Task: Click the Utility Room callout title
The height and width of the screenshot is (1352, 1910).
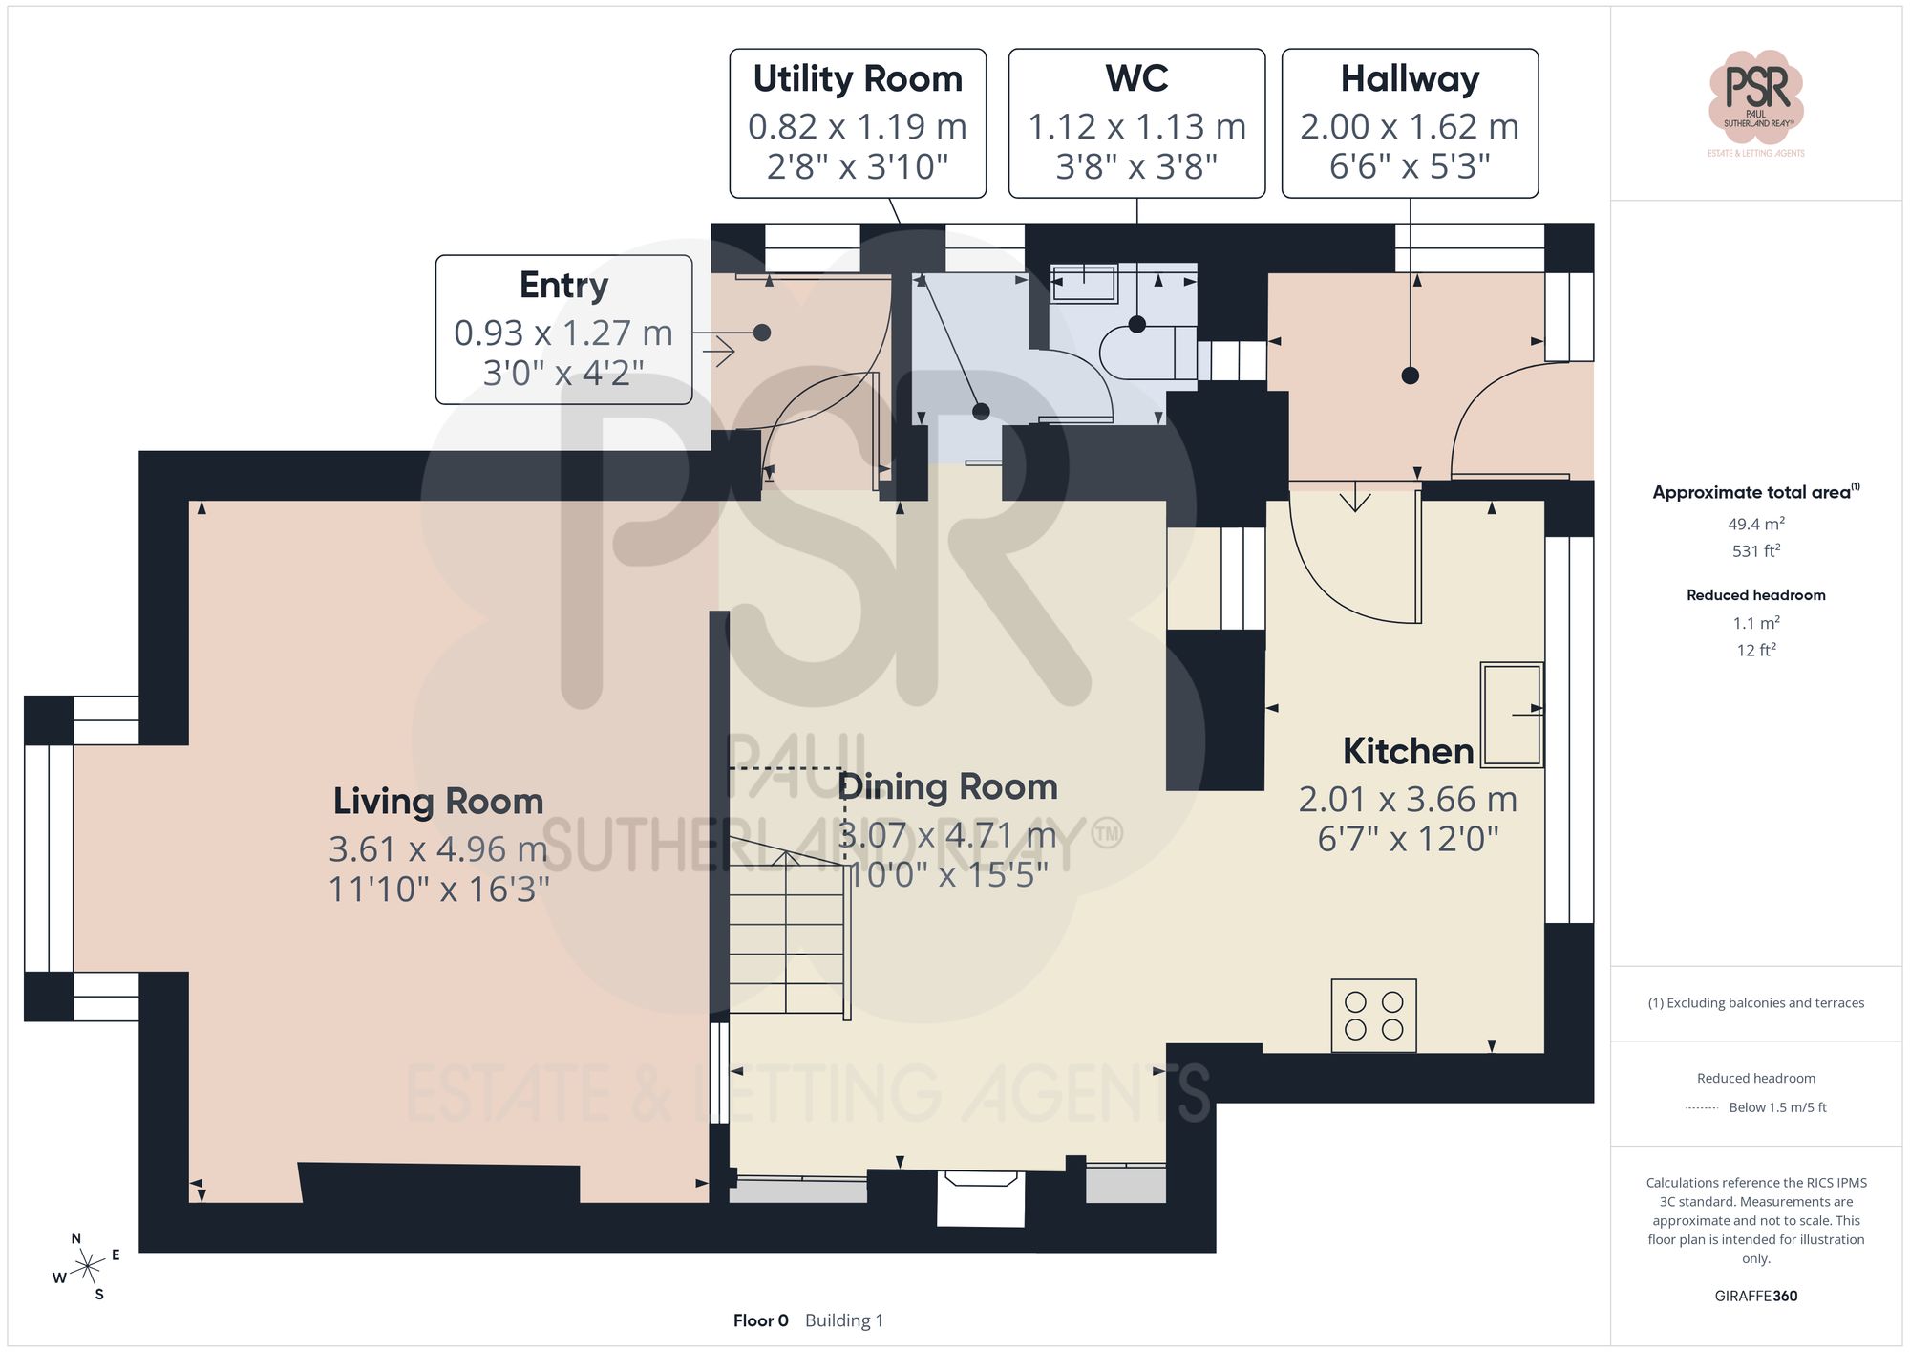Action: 857,78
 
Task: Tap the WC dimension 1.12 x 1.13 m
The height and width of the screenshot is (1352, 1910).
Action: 1136,126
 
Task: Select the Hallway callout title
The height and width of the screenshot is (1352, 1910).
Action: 1410,78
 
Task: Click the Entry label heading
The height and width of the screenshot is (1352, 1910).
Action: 563,285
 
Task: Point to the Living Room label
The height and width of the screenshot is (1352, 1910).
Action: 438,801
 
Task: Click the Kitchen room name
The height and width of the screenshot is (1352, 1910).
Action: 1408,751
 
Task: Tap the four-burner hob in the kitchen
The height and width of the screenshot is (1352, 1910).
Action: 1373,1016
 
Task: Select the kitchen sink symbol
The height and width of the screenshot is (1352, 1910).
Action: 1512,714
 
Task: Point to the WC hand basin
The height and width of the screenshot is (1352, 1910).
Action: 1084,284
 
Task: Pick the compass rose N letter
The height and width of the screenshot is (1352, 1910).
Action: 76,1238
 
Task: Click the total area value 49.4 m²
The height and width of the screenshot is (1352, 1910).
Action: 1755,524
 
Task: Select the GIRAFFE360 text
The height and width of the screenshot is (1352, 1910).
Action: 1755,1296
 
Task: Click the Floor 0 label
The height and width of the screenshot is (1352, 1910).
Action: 760,1320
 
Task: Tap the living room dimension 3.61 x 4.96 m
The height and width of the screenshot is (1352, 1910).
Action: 438,848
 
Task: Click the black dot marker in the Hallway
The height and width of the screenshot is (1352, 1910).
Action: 1410,376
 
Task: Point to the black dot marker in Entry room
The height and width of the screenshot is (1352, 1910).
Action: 761,333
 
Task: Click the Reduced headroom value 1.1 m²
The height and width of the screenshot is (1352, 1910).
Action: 1755,623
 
